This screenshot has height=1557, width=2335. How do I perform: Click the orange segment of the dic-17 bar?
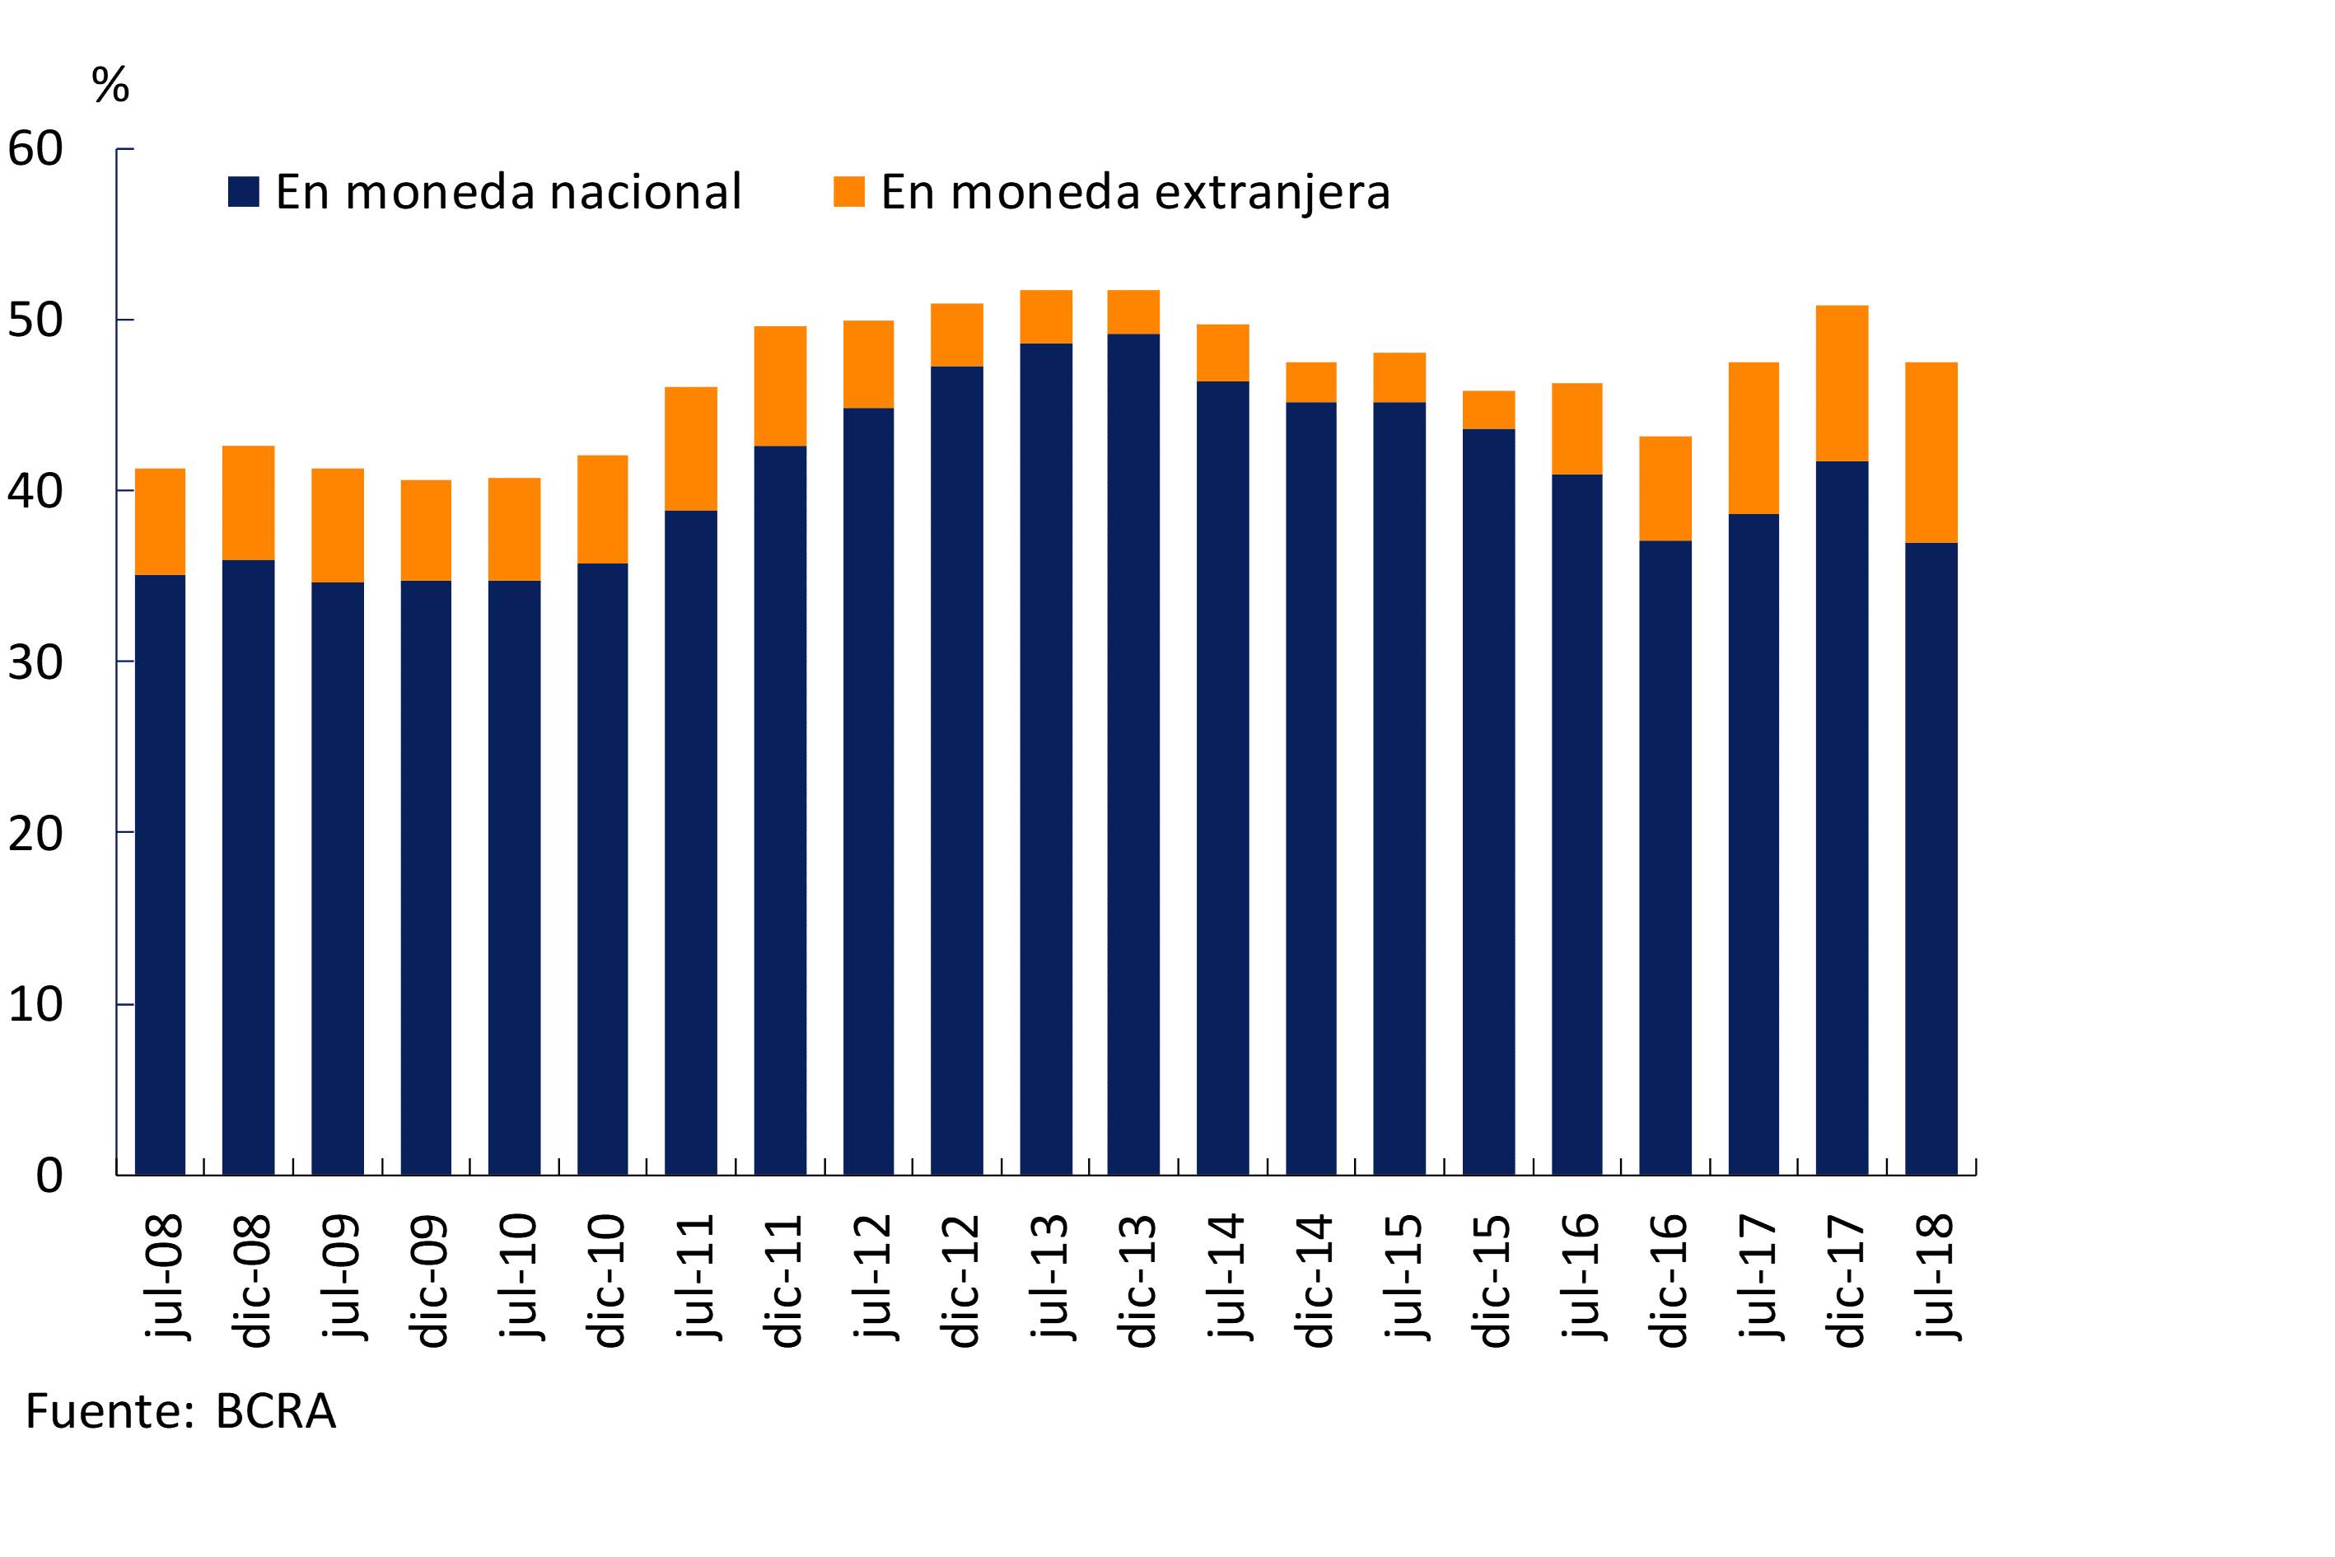click(1842, 383)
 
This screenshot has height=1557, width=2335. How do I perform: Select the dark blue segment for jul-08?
click(160, 874)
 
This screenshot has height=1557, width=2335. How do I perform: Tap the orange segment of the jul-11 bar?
click(691, 449)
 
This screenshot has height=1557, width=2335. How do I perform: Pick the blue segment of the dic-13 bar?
click(1134, 755)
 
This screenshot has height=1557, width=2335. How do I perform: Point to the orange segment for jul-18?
click(1931, 453)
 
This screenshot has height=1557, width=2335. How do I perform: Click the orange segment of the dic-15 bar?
click(1489, 410)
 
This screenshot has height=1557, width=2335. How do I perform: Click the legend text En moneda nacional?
click(508, 192)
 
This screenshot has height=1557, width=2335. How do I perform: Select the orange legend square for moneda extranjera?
click(849, 192)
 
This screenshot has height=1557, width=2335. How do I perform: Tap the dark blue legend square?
click(243, 192)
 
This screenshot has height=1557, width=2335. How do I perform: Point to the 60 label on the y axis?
click(35, 149)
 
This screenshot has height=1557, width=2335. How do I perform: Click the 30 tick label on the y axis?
click(35, 662)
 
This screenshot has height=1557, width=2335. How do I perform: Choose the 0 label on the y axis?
click(49, 1176)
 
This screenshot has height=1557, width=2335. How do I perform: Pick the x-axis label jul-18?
click(1933, 1277)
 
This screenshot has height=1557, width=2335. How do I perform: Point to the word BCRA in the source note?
click(275, 1412)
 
